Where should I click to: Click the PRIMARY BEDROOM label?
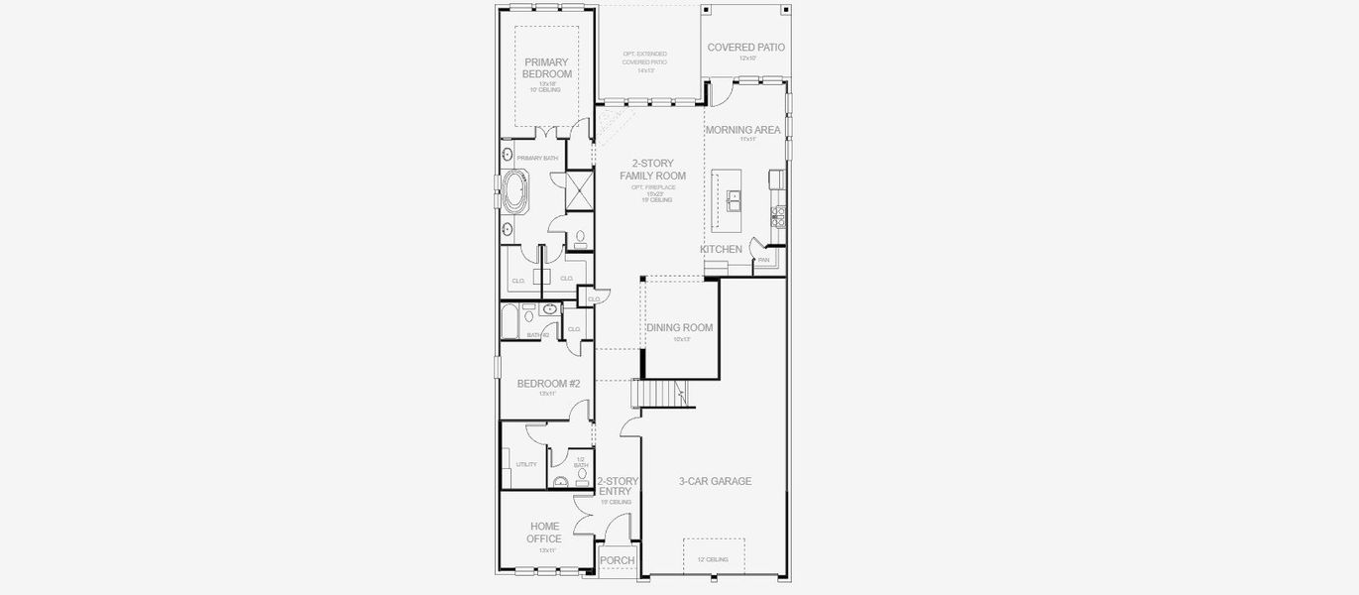[x=547, y=68]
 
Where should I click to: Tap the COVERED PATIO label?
[x=745, y=47]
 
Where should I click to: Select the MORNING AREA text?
[x=742, y=130]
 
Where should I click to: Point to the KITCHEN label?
[x=721, y=249]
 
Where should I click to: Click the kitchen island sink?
[x=735, y=202]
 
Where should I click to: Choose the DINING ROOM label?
[x=679, y=328]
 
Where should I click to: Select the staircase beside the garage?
[x=659, y=395]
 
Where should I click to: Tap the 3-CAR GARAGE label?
[x=715, y=482]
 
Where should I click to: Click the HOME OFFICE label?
[x=544, y=533]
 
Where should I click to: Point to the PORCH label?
[x=618, y=561]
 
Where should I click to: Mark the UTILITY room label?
[x=526, y=464]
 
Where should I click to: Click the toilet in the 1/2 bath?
[x=582, y=477]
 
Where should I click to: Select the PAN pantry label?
[x=763, y=260]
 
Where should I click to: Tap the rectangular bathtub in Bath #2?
[x=509, y=322]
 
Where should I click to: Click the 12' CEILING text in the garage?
[x=713, y=560]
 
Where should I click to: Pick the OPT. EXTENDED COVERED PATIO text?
[x=644, y=61]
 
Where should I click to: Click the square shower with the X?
[x=579, y=190]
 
